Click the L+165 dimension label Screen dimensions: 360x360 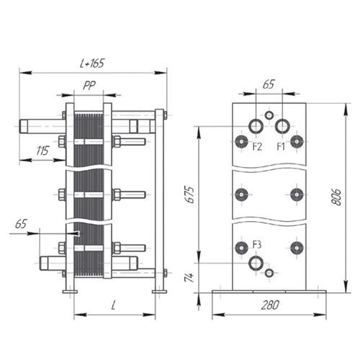click(x=92, y=63)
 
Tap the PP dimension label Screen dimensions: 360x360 click(x=89, y=85)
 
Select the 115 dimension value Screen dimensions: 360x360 click(x=42, y=150)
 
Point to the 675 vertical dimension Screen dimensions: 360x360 click(x=190, y=194)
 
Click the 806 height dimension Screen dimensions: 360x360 click(x=337, y=197)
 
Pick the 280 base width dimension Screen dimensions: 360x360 click(x=270, y=305)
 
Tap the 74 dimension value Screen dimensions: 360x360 click(x=189, y=278)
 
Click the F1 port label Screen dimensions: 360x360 click(x=281, y=146)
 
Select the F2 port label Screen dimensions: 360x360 click(x=257, y=146)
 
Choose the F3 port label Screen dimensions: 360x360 click(x=257, y=245)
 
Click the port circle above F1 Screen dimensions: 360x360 click(x=282, y=126)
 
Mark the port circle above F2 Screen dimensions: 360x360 click(x=256, y=126)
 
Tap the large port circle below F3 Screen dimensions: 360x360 click(x=256, y=263)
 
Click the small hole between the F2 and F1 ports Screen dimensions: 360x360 click(x=269, y=115)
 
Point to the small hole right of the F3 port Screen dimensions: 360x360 click(x=269, y=273)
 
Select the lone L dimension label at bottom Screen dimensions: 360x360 click(x=114, y=305)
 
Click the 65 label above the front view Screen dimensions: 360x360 click(x=269, y=84)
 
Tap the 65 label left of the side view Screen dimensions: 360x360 click(x=21, y=224)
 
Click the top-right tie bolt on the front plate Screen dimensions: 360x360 click(x=297, y=142)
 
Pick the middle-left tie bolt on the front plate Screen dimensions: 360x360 click(x=241, y=194)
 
